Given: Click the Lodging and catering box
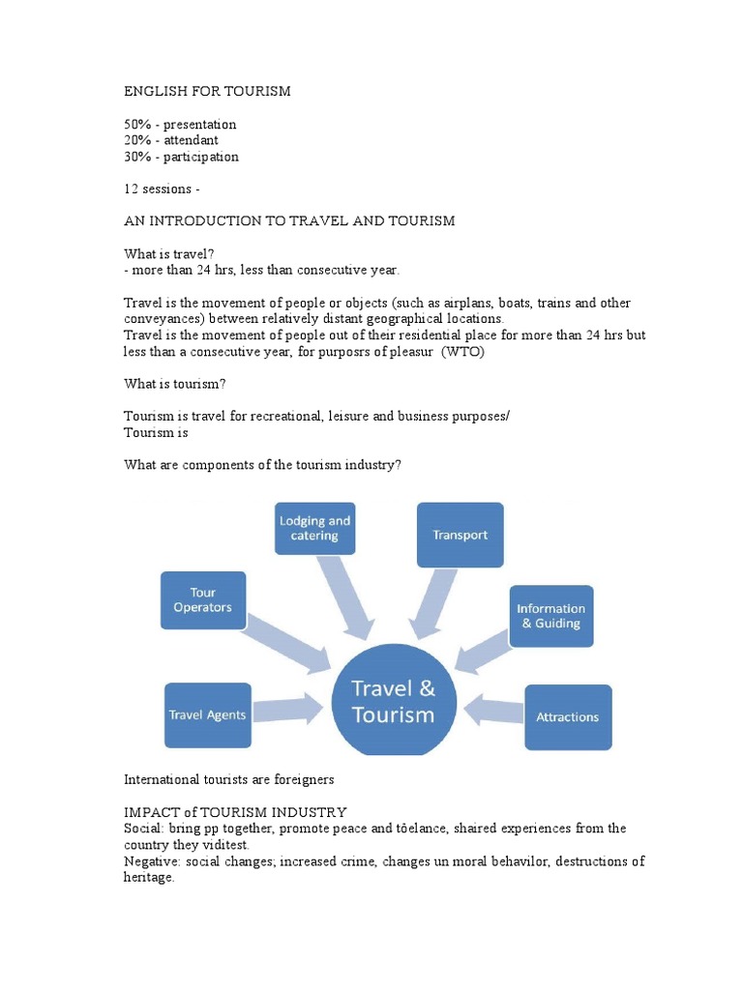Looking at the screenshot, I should pos(314,528).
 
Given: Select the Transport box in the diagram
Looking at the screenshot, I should pos(460,535).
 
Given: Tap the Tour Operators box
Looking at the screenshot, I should pos(203,600).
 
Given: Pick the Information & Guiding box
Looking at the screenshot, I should pos(550,616).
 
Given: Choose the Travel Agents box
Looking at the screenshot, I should pos(207,715).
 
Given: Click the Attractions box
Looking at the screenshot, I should pos(568,717).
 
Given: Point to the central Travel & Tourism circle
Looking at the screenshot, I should pos(393,702).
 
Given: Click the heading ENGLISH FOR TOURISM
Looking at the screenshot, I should pos(207,91).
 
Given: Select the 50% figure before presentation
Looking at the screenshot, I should pos(137,125).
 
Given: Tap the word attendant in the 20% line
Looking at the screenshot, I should pos(191,140).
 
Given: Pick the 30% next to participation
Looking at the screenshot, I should pos(137,157).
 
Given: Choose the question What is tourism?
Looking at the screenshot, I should pos(175,384).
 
